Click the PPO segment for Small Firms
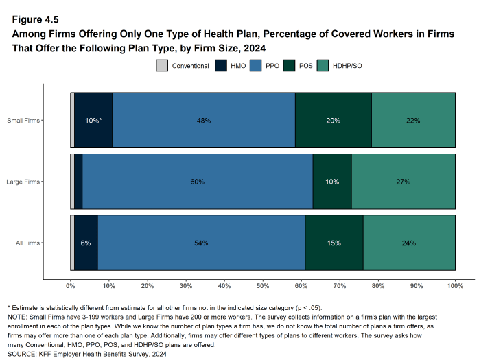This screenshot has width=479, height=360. [204, 120]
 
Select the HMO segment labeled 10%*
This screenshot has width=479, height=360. [93, 120]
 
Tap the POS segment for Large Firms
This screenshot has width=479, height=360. [332, 182]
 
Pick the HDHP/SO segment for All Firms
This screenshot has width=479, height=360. [409, 243]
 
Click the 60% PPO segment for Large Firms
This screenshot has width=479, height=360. [198, 182]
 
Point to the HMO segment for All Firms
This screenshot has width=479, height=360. [86, 243]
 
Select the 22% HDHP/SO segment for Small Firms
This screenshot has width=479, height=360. [413, 120]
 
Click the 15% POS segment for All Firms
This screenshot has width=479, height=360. [334, 243]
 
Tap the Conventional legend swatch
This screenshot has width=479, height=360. [162, 66]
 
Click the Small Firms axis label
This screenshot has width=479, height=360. [23, 121]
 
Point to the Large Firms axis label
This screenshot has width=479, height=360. [23, 182]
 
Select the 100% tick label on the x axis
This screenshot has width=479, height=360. [455, 285]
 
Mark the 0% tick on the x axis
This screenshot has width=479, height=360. [71, 285]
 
